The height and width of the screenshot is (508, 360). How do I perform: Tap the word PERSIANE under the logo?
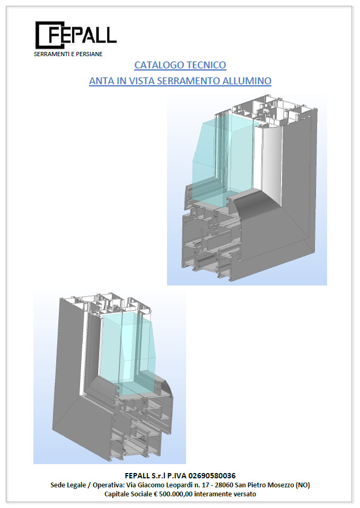click(89, 54)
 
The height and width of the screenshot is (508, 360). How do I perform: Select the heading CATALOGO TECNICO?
click(180, 65)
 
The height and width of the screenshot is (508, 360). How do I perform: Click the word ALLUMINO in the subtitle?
click(247, 81)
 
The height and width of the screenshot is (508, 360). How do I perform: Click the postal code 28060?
click(224, 485)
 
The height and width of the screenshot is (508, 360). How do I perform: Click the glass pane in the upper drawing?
click(224, 156)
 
